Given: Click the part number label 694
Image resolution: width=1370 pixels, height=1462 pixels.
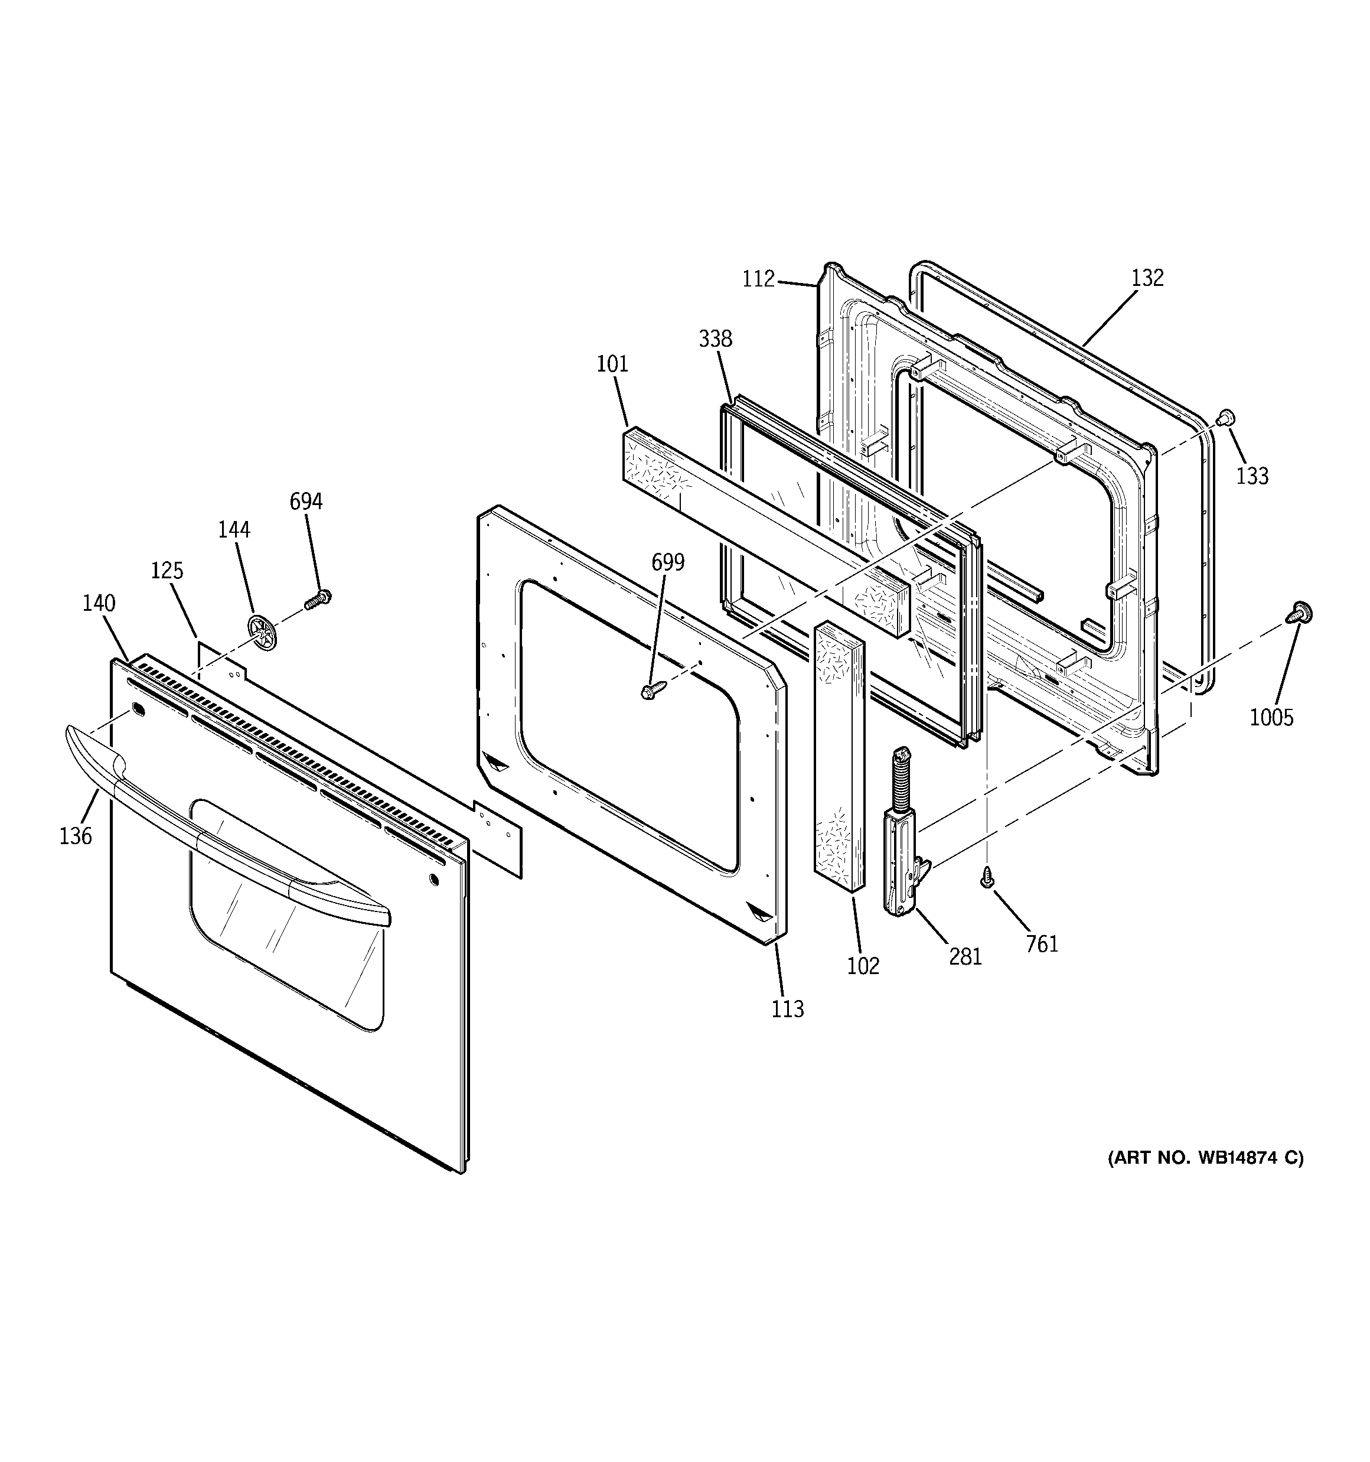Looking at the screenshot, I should [x=306, y=502].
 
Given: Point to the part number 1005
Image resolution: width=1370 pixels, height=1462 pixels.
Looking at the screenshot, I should [x=1271, y=718].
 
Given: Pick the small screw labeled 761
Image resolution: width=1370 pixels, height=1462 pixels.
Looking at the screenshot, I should [x=987, y=877].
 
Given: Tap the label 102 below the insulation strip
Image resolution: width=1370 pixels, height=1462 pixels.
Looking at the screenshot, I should [x=863, y=966].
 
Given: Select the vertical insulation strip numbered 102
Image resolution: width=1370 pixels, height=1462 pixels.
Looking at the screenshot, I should [x=839, y=757].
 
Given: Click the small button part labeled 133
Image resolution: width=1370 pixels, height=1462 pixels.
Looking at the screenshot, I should [x=1225, y=418].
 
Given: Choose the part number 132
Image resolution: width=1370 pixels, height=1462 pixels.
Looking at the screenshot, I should [x=1147, y=278].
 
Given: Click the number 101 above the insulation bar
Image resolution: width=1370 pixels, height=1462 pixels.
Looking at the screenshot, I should [x=612, y=364].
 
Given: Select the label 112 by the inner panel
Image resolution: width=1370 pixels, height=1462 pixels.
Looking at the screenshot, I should [x=759, y=279].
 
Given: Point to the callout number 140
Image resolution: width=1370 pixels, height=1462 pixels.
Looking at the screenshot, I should [x=99, y=604].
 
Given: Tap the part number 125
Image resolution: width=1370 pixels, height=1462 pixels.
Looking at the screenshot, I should [x=167, y=571].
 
